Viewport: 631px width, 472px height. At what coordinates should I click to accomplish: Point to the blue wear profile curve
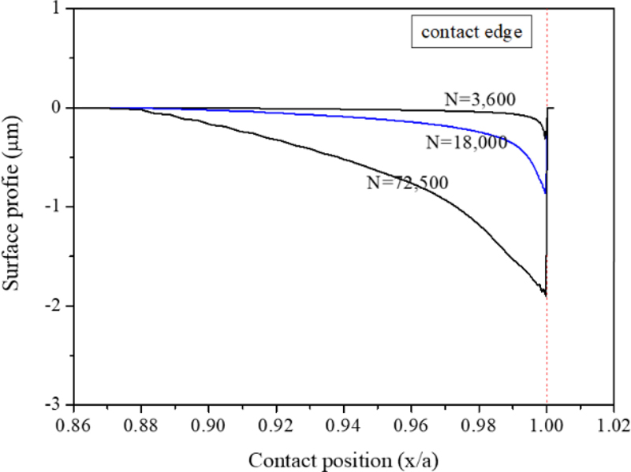click(x=442, y=127)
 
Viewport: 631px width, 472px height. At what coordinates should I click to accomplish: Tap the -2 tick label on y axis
click(x=57, y=306)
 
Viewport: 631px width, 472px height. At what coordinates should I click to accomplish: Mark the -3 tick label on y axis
click(x=57, y=404)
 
